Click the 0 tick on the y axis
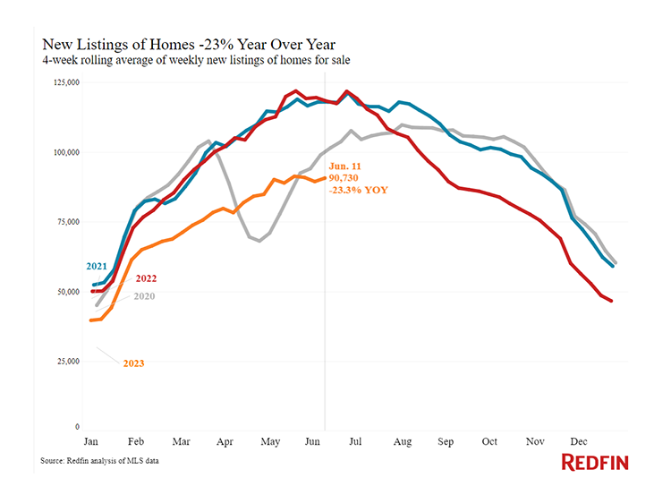pyautogui.click(x=78, y=428)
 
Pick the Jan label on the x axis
pyautogui.click(x=91, y=441)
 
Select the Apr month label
pyautogui.click(x=225, y=441)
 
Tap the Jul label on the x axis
pyautogui.click(x=355, y=441)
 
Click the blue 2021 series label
pyautogui.click(x=98, y=266)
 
